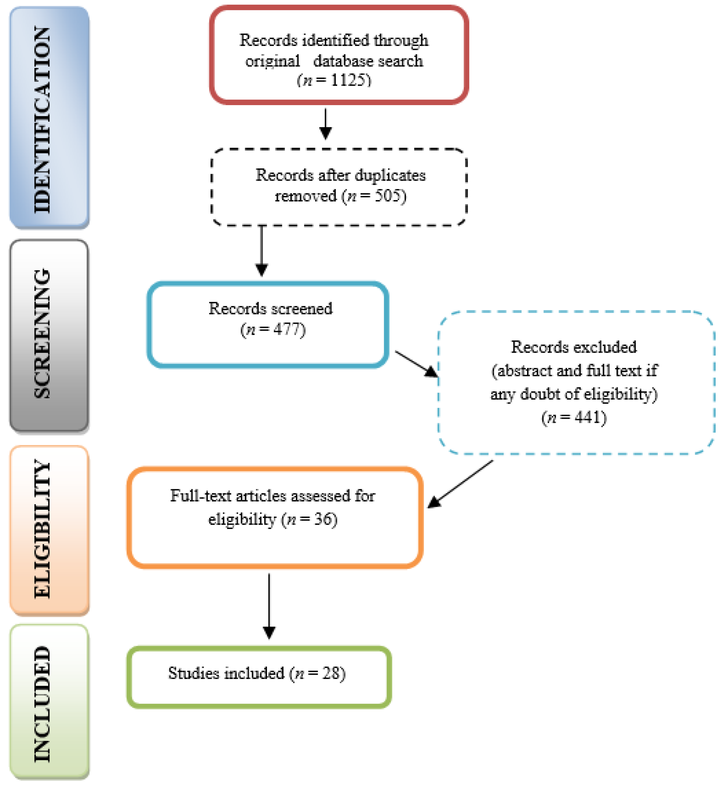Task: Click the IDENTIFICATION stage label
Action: [x=42, y=120]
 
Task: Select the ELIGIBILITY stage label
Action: [x=42, y=529]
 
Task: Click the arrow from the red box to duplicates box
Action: [x=325, y=123]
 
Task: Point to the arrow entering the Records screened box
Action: [x=262, y=251]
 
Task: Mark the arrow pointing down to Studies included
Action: [x=269, y=606]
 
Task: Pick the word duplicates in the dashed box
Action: [x=390, y=175]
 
